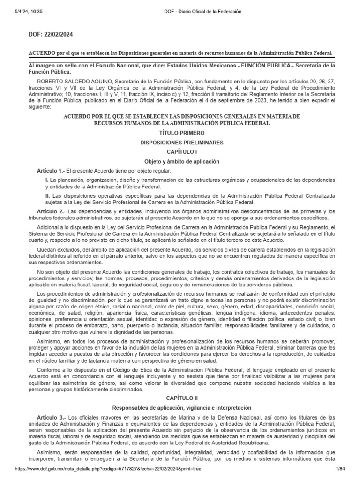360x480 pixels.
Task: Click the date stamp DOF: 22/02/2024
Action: click(x=51, y=34)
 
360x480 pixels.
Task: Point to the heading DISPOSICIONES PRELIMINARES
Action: click(x=180, y=142)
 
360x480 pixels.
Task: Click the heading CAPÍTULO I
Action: click(x=180, y=152)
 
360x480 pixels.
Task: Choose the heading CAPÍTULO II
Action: click(x=180, y=397)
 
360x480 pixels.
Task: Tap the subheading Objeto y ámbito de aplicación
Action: click(x=180, y=161)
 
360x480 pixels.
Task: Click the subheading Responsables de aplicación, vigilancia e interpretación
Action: click(x=180, y=408)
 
